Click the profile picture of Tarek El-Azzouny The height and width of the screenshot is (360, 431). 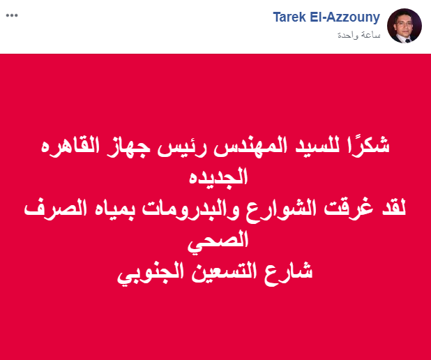tap(404, 26)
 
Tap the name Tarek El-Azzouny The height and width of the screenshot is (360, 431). tap(326, 17)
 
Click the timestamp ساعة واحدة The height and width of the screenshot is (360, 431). tap(359, 35)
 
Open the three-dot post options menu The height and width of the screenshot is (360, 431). tap(12, 15)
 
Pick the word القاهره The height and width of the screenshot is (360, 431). tap(70, 146)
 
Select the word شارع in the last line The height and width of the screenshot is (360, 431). tap(289, 273)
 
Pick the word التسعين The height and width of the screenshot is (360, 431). tap(224, 271)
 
